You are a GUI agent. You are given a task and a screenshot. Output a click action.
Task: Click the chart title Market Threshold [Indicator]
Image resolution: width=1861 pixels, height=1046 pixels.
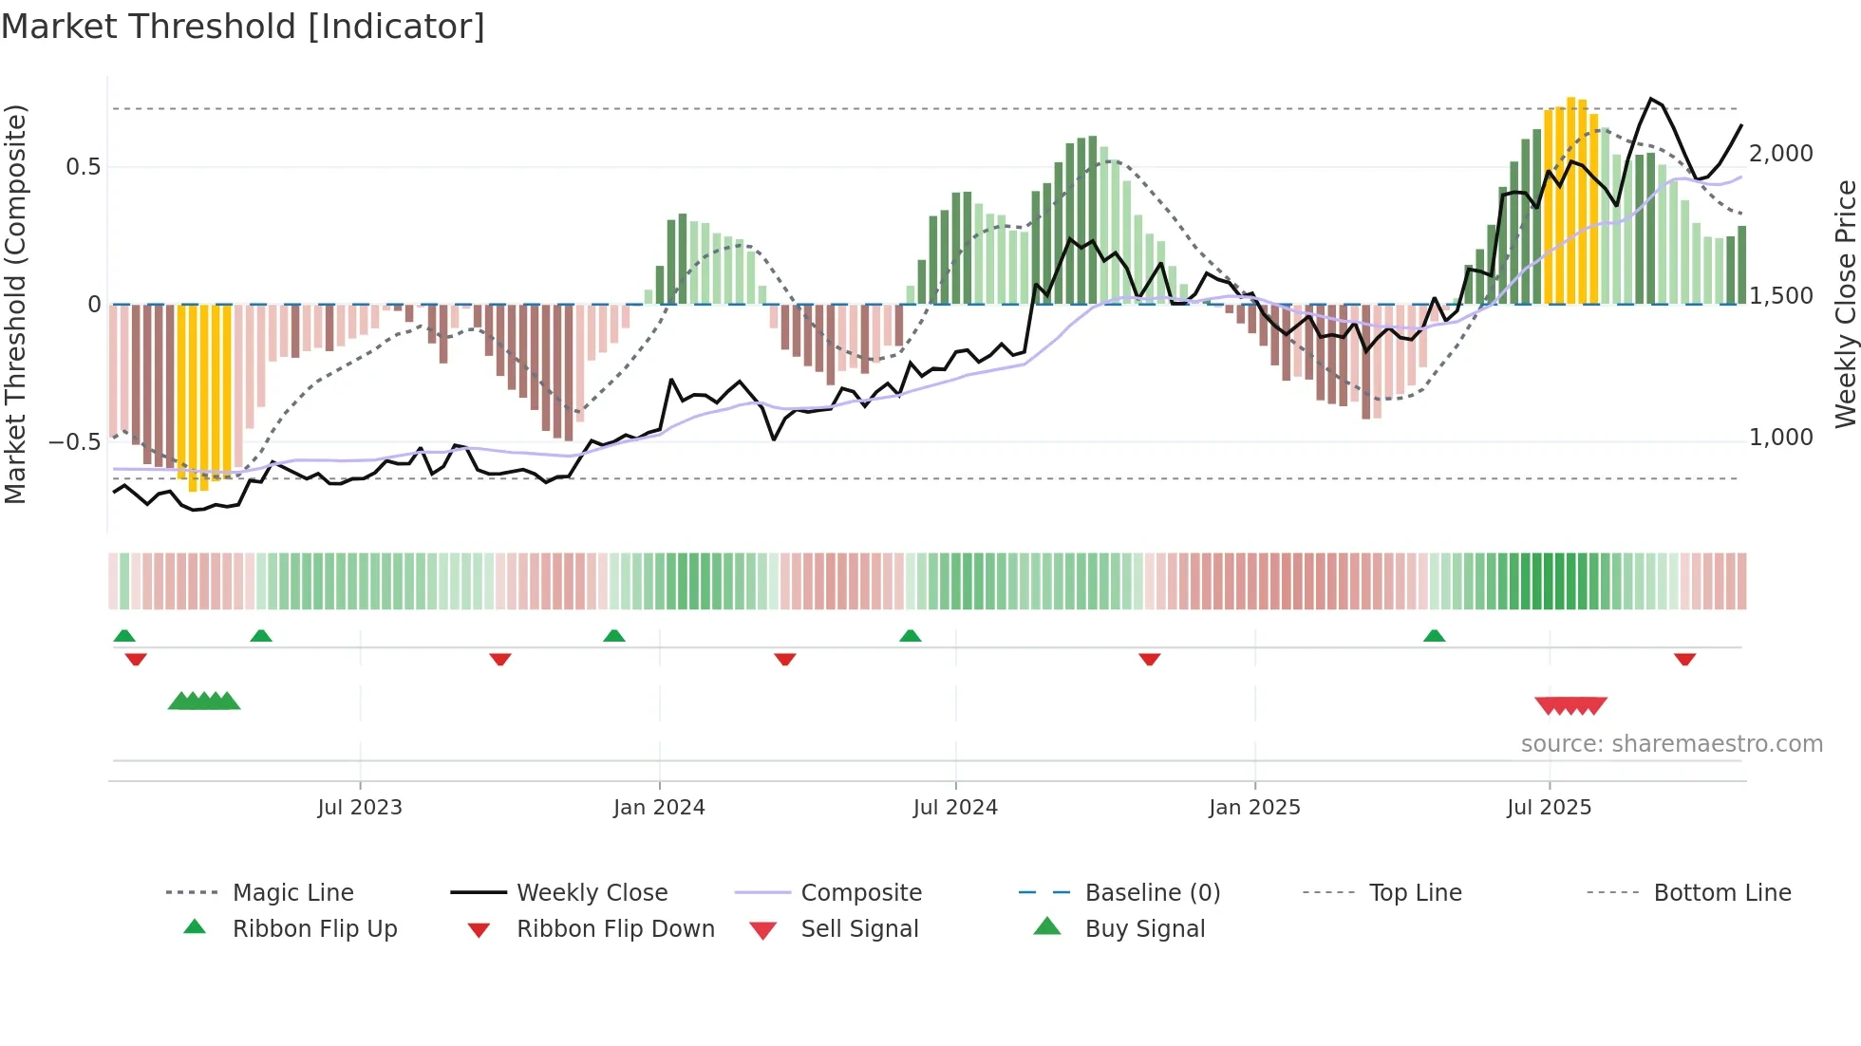[243, 27]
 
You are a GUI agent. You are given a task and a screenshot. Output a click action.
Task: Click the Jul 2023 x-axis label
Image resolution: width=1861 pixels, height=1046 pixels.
[360, 808]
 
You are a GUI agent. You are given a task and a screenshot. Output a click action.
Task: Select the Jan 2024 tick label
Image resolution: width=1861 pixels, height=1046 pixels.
[659, 808]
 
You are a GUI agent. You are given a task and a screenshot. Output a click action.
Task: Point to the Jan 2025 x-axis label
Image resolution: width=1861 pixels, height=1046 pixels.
[1254, 808]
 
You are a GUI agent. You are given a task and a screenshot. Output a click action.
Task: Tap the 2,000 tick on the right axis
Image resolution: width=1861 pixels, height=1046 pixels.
[1781, 154]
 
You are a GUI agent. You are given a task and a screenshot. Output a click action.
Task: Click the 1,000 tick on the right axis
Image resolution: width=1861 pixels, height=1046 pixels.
[1781, 438]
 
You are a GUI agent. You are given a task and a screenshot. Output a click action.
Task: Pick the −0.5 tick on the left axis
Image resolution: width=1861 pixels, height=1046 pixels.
[74, 442]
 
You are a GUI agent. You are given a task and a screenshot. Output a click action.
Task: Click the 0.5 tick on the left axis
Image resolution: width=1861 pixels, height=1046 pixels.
[84, 167]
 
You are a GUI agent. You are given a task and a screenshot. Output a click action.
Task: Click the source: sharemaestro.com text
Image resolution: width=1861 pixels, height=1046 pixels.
[1671, 744]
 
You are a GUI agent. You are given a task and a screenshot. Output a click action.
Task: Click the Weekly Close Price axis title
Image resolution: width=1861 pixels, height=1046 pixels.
[1845, 304]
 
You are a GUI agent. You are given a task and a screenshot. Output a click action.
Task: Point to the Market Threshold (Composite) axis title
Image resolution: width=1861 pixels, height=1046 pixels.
[15, 304]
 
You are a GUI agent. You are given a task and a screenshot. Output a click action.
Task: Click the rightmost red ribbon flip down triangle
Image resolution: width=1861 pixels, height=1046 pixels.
[1685, 660]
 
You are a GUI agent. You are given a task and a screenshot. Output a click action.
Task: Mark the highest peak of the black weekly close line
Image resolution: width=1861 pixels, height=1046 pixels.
[1651, 99]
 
